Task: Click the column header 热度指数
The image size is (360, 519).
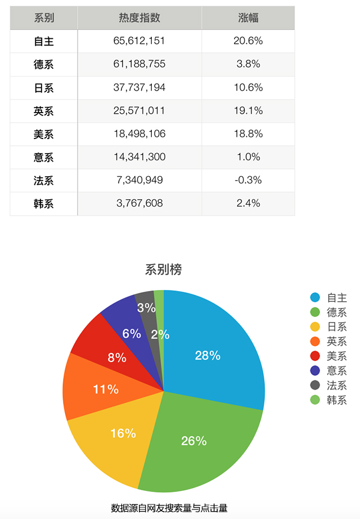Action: (x=139, y=17)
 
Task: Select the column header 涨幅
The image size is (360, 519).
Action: (x=248, y=17)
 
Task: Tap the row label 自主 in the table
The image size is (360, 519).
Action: (x=44, y=41)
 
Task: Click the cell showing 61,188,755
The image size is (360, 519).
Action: (x=139, y=64)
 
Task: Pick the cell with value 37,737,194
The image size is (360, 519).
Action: (x=139, y=87)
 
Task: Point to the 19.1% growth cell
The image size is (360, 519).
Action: (x=248, y=110)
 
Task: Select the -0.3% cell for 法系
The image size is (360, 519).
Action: (x=248, y=180)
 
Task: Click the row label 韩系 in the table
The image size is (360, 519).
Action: (x=44, y=203)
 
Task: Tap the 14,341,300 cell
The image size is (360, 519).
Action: (x=139, y=157)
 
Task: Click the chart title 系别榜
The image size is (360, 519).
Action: (x=163, y=270)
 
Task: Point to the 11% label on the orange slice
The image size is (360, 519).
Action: (x=106, y=389)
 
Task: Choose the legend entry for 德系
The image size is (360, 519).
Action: (x=336, y=312)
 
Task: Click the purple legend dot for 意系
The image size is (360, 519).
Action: (x=315, y=371)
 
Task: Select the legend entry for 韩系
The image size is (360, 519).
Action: (x=336, y=400)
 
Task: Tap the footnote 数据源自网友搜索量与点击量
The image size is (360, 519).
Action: (x=169, y=508)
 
